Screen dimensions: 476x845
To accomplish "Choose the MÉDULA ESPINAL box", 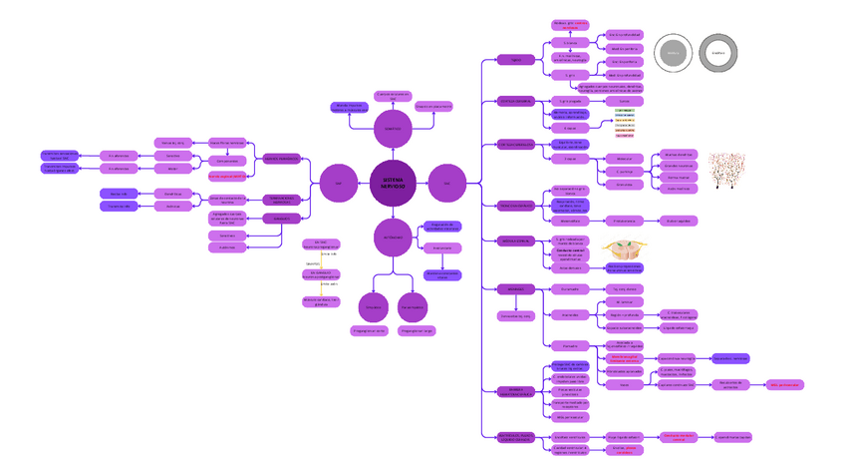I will tap(516, 240).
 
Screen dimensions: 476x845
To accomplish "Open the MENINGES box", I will tap(516, 288).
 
